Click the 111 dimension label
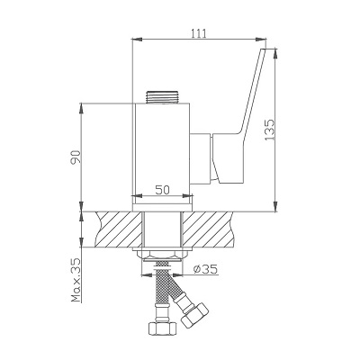tap(199, 33)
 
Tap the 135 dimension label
tap(269, 130)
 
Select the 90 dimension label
tap(76, 157)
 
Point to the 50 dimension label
tap(162, 190)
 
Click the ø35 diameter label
tap(205, 269)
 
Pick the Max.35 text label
tap(76, 280)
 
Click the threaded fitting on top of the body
tap(162, 97)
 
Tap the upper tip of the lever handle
tap(263, 49)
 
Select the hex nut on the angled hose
tap(194, 316)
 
